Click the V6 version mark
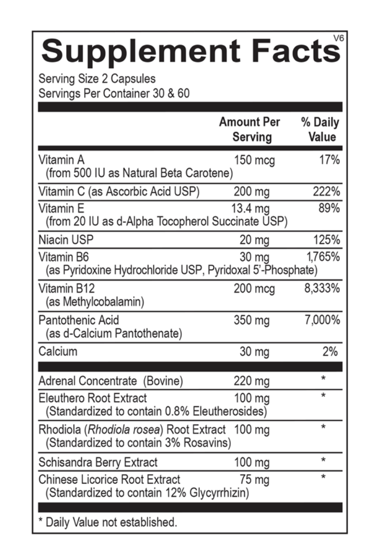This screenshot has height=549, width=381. [338, 38]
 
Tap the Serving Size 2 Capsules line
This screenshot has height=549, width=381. [97, 79]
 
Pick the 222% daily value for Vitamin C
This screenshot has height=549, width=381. [326, 192]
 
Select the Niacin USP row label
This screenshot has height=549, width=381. [66, 240]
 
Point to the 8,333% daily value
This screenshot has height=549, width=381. [322, 288]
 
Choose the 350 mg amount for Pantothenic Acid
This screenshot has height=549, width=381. [251, 321]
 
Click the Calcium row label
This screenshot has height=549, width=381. [58, 352]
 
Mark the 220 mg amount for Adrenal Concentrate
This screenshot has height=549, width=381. [251, 381]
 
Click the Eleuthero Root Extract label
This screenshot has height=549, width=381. [92, 398]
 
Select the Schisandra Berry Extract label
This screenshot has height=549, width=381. [98, 462]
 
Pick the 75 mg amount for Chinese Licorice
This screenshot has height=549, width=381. [255, 479]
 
